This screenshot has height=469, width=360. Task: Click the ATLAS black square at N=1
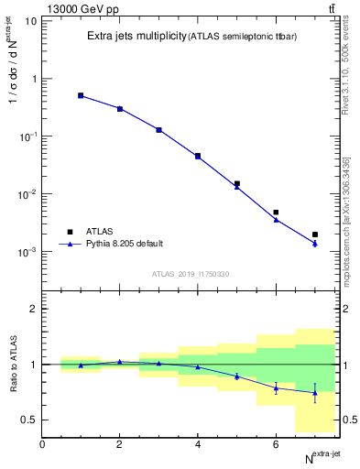pyautogui.click(x=81, y=95)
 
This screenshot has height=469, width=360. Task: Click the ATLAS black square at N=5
pyautogui.click(x=237, y=183)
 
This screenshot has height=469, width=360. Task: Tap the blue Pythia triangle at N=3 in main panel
pyautogui.click(x=158, y=130)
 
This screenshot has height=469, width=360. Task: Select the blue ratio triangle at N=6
pyautogui.click(x=276, y=387)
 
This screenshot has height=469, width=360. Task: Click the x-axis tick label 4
pyautogui.click(x=198, y=444)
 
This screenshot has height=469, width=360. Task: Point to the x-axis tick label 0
pyautogui.click(x=42, y=444)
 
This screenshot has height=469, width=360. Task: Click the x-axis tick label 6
pyautogui.click(x=276, y=444)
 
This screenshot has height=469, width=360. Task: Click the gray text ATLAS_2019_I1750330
pyautogui.click(x=190, y=274)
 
